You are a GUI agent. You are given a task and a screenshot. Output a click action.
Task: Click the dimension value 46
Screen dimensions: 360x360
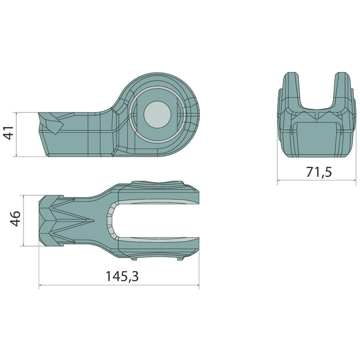(16, 218)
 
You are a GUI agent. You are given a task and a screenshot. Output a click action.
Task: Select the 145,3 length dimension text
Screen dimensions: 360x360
(122, 276)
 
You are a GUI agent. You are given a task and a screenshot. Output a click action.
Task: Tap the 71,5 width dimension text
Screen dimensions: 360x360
(319, 172)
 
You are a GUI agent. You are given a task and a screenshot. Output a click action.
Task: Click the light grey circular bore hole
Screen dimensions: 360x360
(158, 114)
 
